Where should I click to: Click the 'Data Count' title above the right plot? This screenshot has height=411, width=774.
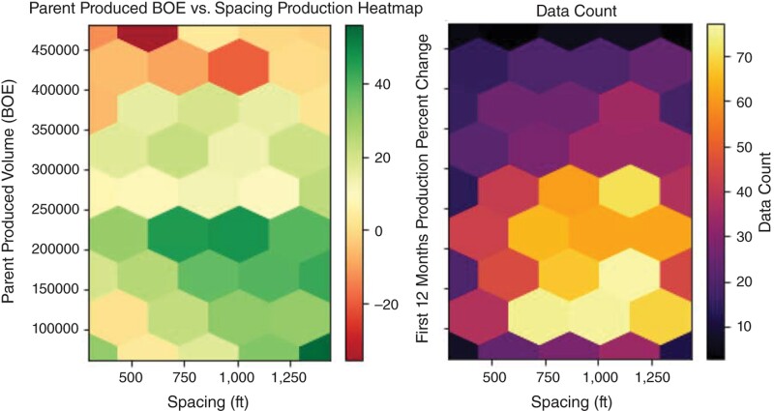point(571,10)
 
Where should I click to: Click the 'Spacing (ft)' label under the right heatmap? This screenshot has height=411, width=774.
point(571,400)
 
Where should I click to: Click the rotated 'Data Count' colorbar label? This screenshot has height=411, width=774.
point(762,193)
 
